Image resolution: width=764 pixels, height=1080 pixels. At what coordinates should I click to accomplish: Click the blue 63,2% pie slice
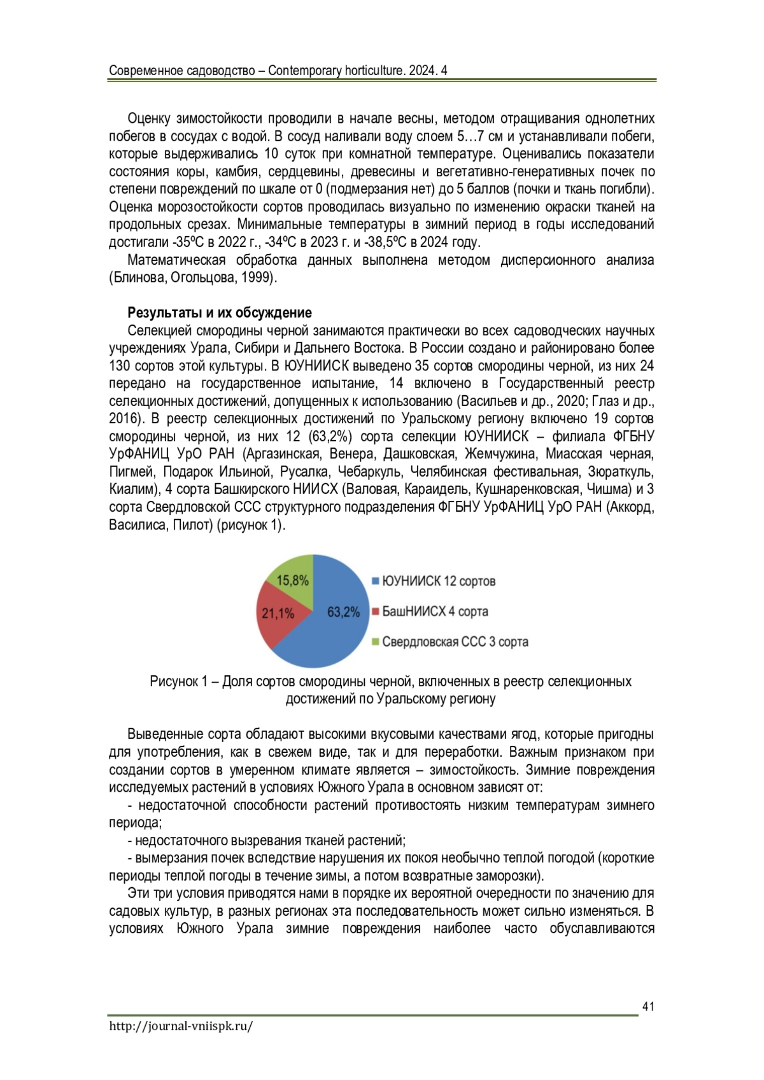point(331,630)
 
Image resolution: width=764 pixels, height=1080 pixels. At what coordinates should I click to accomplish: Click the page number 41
point(648,1006)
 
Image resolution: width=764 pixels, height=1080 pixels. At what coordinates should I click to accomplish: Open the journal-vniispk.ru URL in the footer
point(181,1026)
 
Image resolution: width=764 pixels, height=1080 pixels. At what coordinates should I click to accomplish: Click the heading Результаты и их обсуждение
point(220,312)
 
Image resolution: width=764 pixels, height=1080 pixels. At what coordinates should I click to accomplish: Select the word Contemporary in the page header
point(304,71)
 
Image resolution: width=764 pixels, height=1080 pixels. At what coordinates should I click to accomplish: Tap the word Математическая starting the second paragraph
point(176,260)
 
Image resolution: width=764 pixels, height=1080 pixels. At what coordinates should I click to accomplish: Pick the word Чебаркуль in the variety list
point(369,472)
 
